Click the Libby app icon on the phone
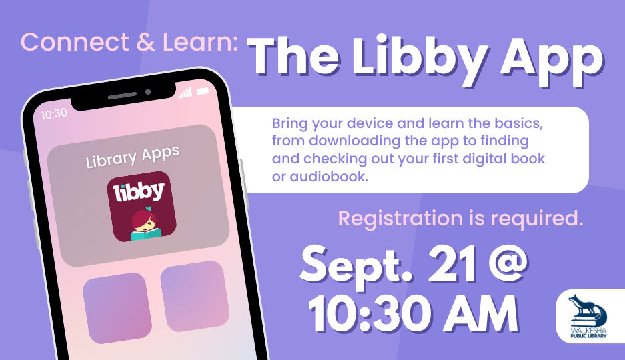tap(141, 207)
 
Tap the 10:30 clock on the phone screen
tap(54, 114)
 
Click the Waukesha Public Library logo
tap(589, 317)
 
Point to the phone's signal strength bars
tap(185, 93)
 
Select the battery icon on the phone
tap(203, 91)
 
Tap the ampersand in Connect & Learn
tap(145, 42)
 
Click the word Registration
tap(400, 219)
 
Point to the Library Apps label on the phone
tap(133, 157)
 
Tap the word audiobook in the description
tap(329, 177)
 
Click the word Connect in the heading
tap(75, 42)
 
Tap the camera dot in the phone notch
tap(148, 92)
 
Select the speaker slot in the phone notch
tap(122, 95)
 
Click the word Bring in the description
tap(289, 124)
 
